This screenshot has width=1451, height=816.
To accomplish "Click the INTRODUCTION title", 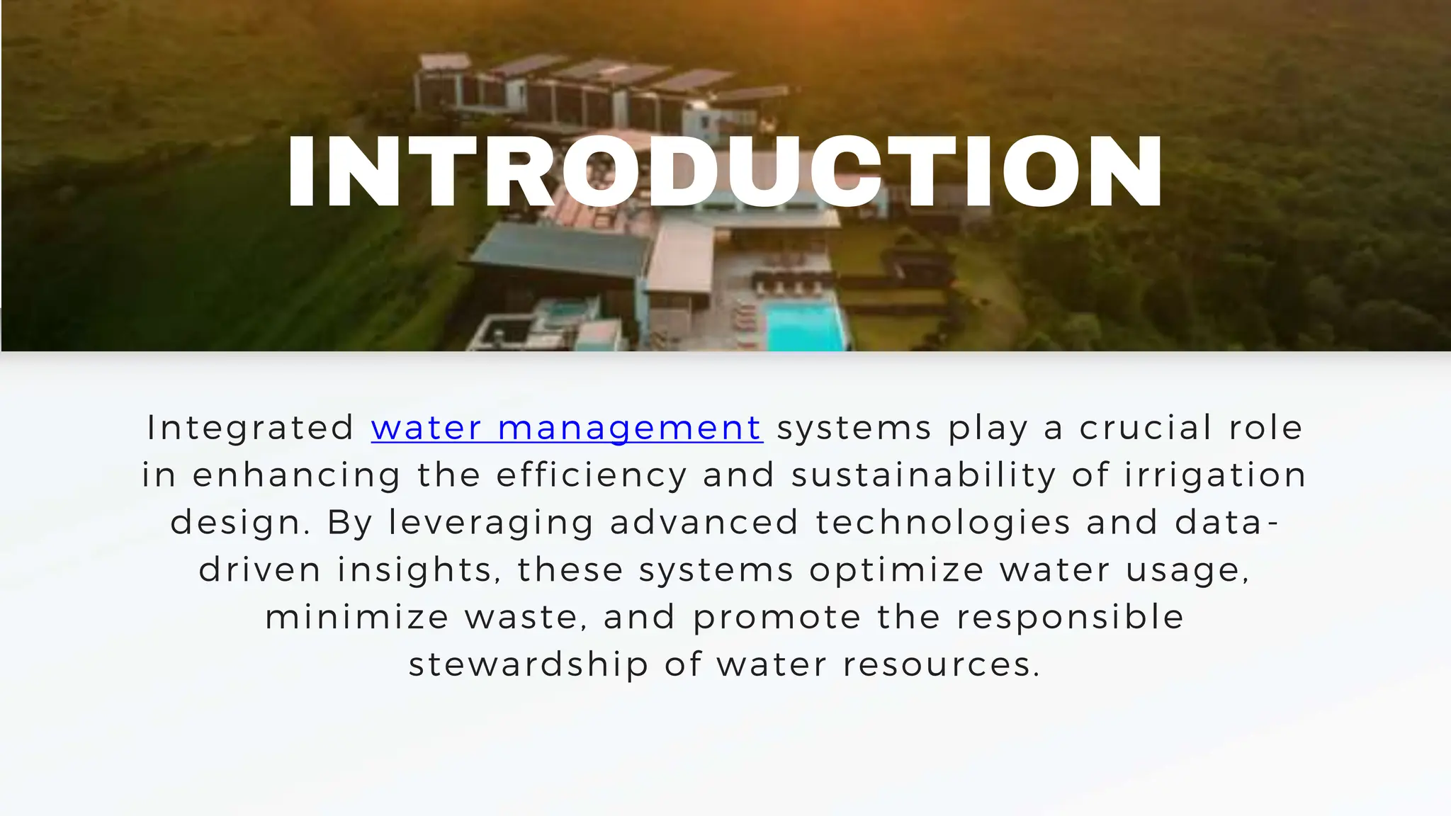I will (x=725, y=171).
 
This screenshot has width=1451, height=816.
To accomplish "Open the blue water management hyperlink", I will (x=567, y=428).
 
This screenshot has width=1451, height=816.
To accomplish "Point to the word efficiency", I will (x=592, y=475).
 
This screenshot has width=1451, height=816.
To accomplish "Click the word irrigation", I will (x=1215, y=475).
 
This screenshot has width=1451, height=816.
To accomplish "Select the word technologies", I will (x=943, y=523).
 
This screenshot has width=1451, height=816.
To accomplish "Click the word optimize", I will (x=896, y=570).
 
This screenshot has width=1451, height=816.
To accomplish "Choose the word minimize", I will (x=357, y=618).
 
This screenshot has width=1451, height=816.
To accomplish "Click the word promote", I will (x=777, y=618).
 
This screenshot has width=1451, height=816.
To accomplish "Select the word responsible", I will (x=1070, y=618).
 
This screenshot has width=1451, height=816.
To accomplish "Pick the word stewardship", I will (x=529, y=665).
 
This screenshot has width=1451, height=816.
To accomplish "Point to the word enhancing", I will (x=297, y=475).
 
